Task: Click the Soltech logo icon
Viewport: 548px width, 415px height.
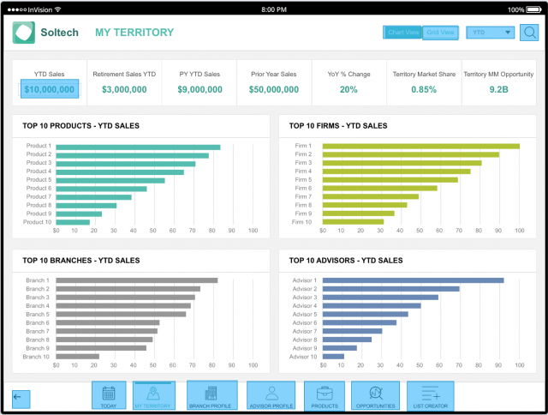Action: pos(24,33)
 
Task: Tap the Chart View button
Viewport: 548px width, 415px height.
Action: pos(402,33)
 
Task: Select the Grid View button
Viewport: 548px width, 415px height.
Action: pos(441,33)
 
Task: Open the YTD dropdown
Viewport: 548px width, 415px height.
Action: pos(491,33)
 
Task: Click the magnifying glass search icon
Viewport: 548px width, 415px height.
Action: pos(530,33)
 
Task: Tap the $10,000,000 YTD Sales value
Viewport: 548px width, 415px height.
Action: pos(50,88)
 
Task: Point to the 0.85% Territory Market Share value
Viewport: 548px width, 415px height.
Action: pos(423,89)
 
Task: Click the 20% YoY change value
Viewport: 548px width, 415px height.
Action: pos(348,89)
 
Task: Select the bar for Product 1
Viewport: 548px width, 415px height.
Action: pos(138,147)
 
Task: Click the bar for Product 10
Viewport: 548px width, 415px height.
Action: pos(73,223)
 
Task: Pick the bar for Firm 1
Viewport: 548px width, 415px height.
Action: pos(420,147)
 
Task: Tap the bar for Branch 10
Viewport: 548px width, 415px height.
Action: pos(77,357)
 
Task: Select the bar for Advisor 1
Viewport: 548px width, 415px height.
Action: pos(413,280)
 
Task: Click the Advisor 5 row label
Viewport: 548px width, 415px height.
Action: pos(304,315)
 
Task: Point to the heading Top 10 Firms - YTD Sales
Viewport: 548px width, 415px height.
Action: pos(338,126)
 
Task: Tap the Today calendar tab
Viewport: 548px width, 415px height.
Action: pos(109,396)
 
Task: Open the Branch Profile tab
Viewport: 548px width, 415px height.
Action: pos(211,396)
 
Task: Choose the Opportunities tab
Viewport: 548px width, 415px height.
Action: pos(375,396)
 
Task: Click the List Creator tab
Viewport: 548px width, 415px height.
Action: pos(430,396)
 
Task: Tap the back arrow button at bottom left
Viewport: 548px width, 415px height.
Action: pos(20,398)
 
